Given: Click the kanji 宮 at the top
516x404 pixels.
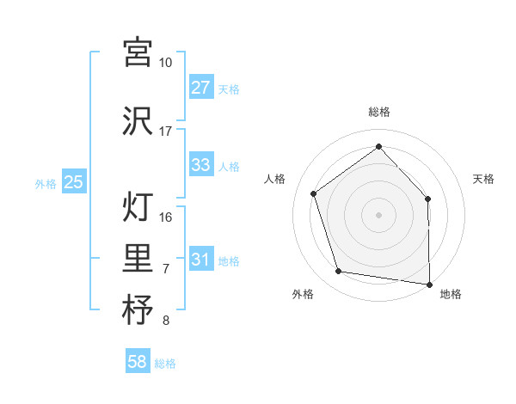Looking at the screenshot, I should (x=138, y=53).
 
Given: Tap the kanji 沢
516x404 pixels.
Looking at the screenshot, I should (x=138, y=121).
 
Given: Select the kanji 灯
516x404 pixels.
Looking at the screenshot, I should (x=138, y=207).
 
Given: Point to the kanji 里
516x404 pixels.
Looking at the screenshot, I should (x=138, y=259).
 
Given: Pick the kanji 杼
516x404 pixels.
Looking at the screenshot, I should (x=138, y=310).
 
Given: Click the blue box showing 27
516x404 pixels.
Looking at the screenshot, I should (x=200, y=88).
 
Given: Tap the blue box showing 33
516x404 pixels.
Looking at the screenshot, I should (x=200, y=165).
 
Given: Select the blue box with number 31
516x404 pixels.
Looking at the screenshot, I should (x=200, y=260).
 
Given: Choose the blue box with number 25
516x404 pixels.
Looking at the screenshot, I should (x=73, y=182).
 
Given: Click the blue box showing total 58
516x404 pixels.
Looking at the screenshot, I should (x=138, y=363).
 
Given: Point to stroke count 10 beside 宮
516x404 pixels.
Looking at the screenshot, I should (x=165, y=63).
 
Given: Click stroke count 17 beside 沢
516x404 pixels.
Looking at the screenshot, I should (x=165, y=132).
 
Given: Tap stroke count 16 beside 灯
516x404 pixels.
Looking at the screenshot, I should (x=166, y=217).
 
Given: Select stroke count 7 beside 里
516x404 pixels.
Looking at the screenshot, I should (x=166, y=269).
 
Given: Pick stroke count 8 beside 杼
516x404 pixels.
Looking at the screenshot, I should (x=166, y=321).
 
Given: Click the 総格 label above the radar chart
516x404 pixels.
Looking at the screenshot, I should (x=379, y=112).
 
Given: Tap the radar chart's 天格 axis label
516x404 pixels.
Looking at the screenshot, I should (x=483, y=179).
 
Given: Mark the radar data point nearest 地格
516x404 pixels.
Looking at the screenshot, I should (x=429, y=283).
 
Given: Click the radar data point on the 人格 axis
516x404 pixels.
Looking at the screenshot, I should (x=314, y=193).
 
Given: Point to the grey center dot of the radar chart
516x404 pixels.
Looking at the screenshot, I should (x=379, y=214).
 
